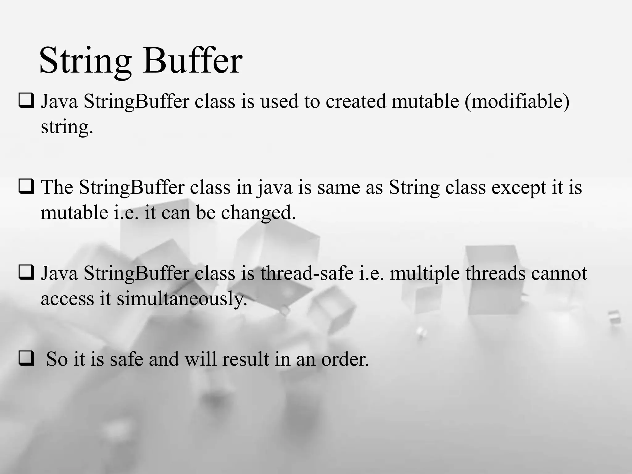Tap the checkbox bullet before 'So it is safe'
tap(26, 359)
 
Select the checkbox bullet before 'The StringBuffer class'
tap(26, 187)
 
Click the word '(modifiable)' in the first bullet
tap(517, 102)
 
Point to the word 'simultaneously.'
tap(182, 299)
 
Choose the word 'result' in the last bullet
tap(245, 360)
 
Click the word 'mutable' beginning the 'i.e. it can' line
tap(74, 213)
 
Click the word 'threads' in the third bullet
tap(495, 273)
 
